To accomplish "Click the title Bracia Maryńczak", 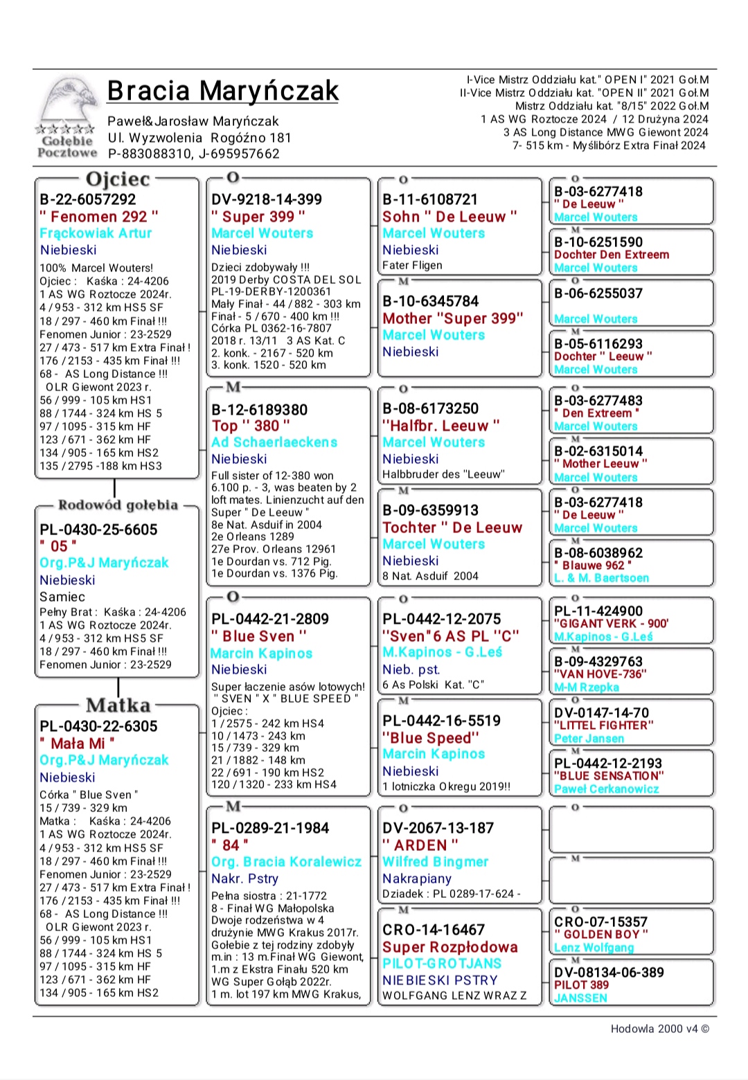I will pos(222,91).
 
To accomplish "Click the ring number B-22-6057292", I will pos(88,199).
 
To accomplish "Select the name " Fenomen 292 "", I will pos(99,217).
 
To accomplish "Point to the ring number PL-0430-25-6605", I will pos(98,530).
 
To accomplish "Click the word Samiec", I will pos(62,597).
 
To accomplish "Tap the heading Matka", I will pos(118,705).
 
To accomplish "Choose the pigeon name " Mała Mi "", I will pos(78,744).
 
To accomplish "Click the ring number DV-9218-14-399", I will pos(267,199).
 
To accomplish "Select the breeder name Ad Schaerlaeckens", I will pos(274,442).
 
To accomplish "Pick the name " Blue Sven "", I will pos(259,636).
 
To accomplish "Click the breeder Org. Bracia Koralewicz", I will pos(286,862).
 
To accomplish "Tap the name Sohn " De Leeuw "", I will pos(449,217).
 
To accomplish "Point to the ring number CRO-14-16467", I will pos(434,930).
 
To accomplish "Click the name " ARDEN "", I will pos(420,845).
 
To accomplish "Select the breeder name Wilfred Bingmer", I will pos(436,862).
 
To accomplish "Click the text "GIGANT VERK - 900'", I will pos(611,624).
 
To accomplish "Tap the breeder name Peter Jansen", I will pos(589,739).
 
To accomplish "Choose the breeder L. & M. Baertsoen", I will pos(602,578).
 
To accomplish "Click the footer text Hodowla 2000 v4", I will pos(659,1029).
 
